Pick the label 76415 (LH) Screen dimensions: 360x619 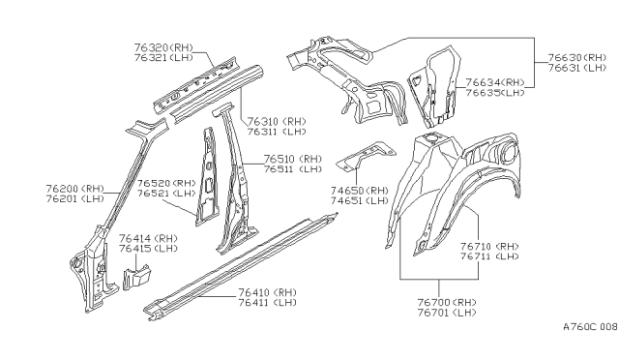(148, 249)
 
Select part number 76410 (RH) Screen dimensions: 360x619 (272, 291)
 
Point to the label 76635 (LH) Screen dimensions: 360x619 (494, 93)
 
